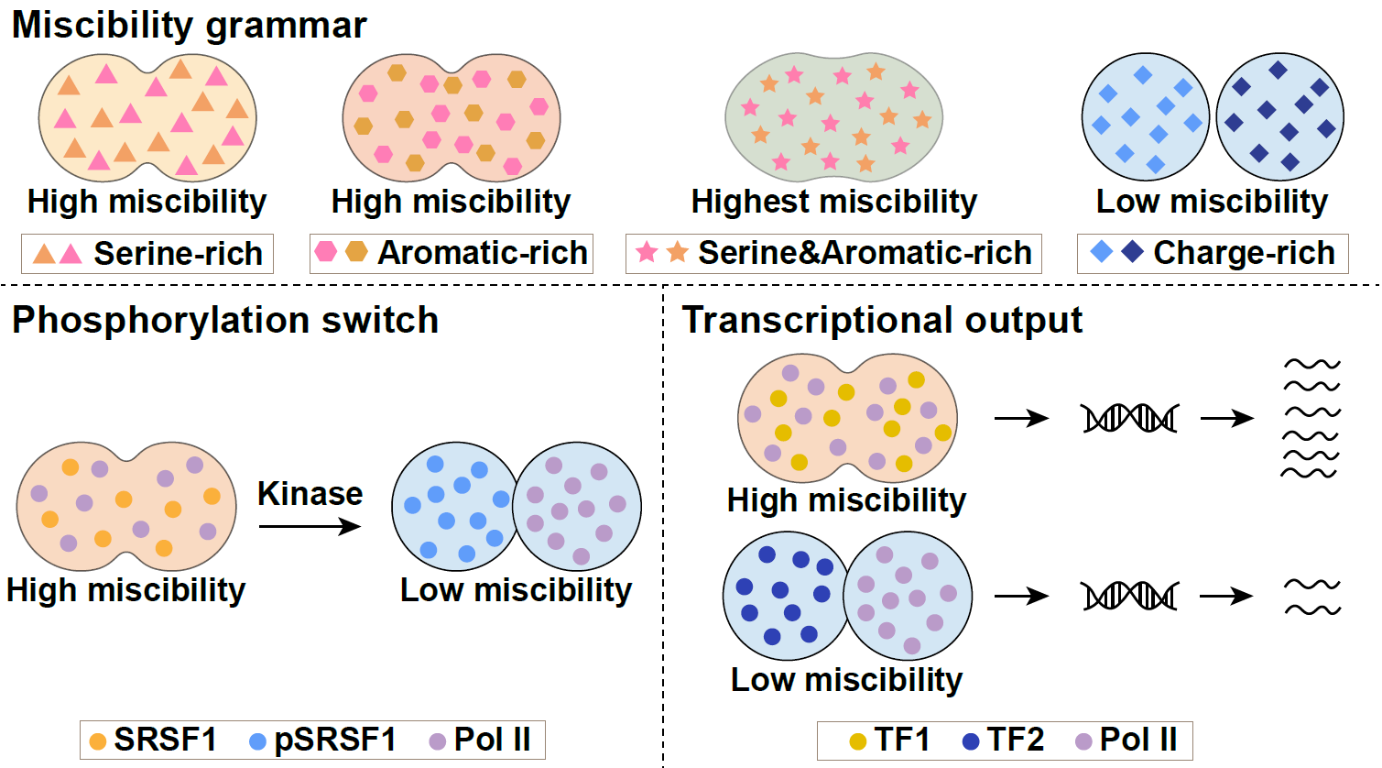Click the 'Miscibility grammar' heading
(x=190, y=26)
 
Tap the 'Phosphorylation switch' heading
(x=224, y=321)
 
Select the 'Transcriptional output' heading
(x=882, y=321)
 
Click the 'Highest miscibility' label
(x=834, y=202)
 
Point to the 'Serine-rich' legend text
(x=179, y=254)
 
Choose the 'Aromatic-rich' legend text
(x=483, y=253)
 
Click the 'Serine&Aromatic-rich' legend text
(x=865, y=253)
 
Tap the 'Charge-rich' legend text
(x=1245, y=253)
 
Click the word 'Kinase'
(x=310, y=494)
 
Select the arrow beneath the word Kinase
(x=310, y=527)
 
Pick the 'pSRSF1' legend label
(x=335, y=740)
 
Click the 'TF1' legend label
(x=902, y=740)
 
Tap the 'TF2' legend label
(x=1015, y=740)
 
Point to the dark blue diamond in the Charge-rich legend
(x=1133, y=252)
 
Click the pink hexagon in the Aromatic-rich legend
(x=326, y=251)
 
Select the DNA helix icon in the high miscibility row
(x=1130, y=419)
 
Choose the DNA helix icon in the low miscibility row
(x=1130, y=596)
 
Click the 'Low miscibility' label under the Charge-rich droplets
(x=1212, y=202)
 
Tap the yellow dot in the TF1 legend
(x=858, y=741)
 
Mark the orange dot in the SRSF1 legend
(x=98, y=741)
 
